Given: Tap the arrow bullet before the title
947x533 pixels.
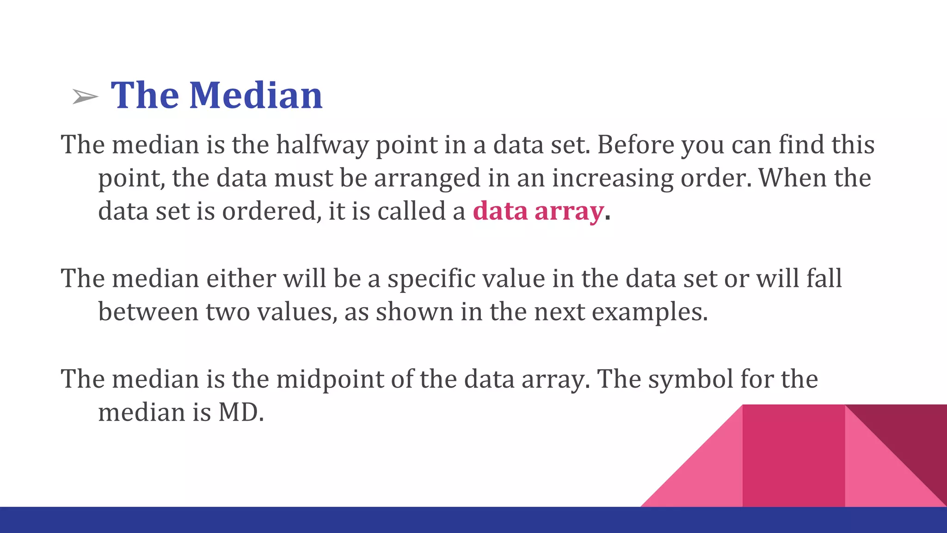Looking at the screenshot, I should pyautogui.click(x=85, y=97).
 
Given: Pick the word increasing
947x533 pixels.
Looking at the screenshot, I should pyautogui.click(x=613, y=179).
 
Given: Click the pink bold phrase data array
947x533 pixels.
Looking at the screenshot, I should pyautogui.click(x=538, y=211).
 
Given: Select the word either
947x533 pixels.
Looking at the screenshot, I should pyautogui.click(x=241, y=279).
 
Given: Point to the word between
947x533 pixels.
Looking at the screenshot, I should pyautogui.click(x=148, y=312).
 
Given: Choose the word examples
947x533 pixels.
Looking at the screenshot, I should pyautogui.click(x=649, y=312).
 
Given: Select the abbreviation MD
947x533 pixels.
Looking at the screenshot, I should pyautogui.click(x=240, y=412).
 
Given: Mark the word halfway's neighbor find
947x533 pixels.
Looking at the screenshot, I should pyautogui.click(x=801, y=144).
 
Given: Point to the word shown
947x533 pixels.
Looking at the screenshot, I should pyautogui.click(x=414, y=312).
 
